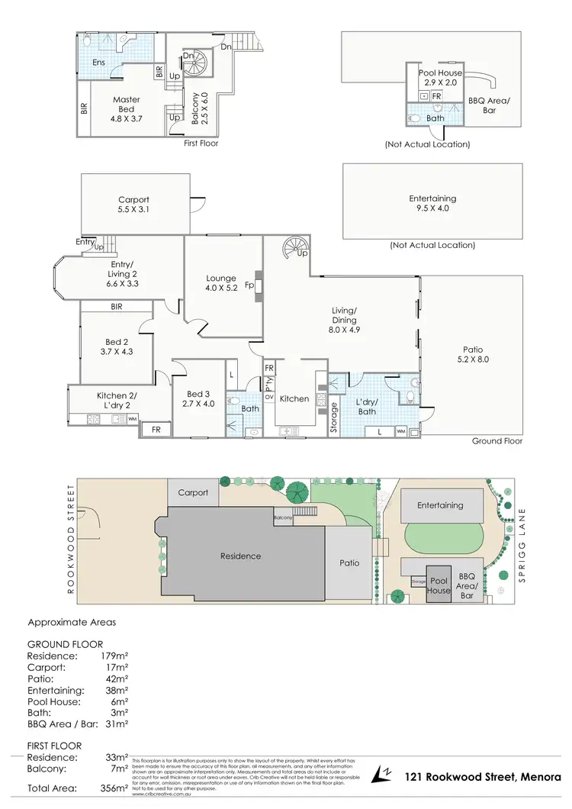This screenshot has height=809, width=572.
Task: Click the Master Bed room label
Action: pyautogui.click(x=126, y=104)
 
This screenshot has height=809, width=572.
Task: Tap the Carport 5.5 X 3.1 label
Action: pyautogui.click(x=133, y=205)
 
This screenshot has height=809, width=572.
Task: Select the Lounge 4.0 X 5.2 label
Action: pyautogui.click(x=222, y=283)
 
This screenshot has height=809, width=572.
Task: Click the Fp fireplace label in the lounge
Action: pyautogui.click(x=249, y=288)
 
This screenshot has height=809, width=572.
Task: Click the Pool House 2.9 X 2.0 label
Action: pyautogui.click(x=440, y=77)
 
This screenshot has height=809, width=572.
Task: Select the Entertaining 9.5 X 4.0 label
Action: pyautogui.click(x=432, y=204)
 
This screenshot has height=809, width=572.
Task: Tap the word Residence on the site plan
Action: pyautogui.click(x=241, y=556)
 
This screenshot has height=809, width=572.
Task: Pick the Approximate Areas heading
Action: pyautogui.click(x=72, y=622)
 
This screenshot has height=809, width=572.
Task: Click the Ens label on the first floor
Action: pyautogui.click(x=98, y=62)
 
